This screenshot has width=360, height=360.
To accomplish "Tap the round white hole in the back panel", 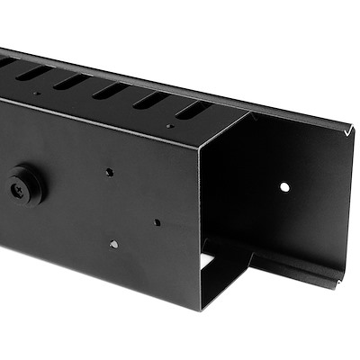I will [284, 187].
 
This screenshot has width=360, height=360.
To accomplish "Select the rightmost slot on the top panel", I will [193, 110].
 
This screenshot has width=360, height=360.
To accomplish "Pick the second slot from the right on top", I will [150, 99].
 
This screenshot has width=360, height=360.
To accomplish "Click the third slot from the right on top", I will [110, 90].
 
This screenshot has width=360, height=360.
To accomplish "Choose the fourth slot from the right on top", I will [71, 81].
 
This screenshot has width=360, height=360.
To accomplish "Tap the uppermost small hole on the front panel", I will [108, 171].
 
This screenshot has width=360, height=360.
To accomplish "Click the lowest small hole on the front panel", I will [113, 243].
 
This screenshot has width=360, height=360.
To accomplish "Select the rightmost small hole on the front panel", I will [157, 221].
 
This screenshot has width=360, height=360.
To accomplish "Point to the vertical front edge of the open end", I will [199, 225].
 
